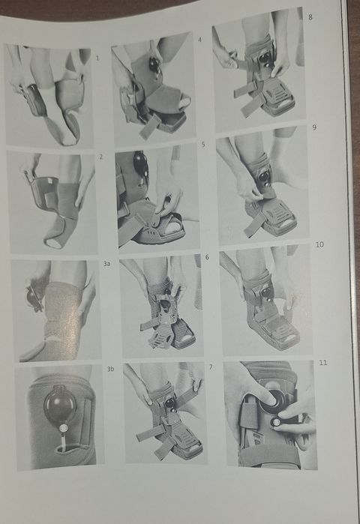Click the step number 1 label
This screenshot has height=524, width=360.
click(x=97, y=58)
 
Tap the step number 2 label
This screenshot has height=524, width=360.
click(x=101, y=157)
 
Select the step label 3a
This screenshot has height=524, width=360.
click(x=106, y=264)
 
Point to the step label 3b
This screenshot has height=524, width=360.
click(x=111, y=369)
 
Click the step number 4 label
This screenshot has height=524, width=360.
click(x=200, y=40)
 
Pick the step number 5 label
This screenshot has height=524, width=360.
click(x=203, y=145)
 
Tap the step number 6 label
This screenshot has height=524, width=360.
click(x=207, y=257)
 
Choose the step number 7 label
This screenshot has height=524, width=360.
click(x=211, y=367)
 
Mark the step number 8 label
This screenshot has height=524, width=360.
click(x=310, y=16)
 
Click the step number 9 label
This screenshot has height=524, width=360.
click(x=314, y=127)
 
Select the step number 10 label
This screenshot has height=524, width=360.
click(x=319, y=244)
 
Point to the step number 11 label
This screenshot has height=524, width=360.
click(x=323, y=363)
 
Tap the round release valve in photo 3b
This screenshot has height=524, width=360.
click(x=63, y=428)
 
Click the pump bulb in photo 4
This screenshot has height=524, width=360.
click(x=154, y=64)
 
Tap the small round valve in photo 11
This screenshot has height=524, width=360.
click(x=276, y=422)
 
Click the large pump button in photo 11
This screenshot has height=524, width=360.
click(x=274, y=401)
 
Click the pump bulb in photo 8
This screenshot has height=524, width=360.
click(x=265, y=58)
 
